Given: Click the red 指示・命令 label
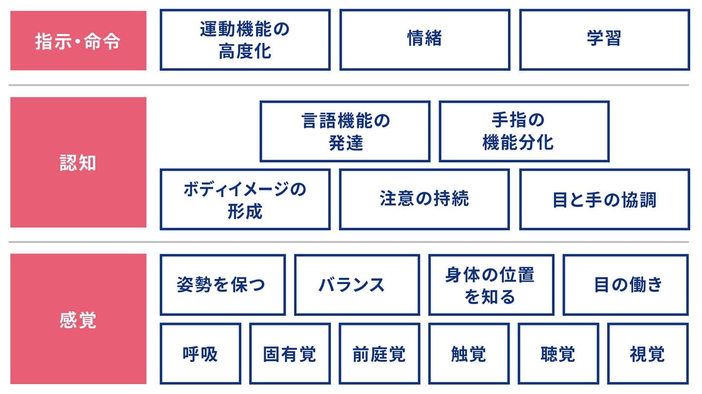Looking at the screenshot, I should (78, 41).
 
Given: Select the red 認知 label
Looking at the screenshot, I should (78, 163).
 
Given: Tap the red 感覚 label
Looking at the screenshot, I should (78, 319).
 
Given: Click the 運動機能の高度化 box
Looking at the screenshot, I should (245, 40).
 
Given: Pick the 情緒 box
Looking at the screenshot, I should (425, 40).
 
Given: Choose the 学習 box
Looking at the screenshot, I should (604, 40).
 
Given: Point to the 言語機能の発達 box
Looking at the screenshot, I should (345, 131).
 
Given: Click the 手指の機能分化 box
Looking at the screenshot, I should (524, 131).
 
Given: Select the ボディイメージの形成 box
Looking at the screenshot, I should (245, 199).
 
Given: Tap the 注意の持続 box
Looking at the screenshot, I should (425, 199).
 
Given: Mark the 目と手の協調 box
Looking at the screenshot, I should (604, 199).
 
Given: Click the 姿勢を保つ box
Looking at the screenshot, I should (222, 285).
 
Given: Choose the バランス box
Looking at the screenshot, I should (357, 285).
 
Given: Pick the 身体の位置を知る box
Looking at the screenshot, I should (491, 285).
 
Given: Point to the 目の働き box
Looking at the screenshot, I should (625, 285).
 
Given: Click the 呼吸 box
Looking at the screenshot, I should (200, 353).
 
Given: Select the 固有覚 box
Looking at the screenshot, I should (290, 353).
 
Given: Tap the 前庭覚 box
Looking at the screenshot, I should (379, 353).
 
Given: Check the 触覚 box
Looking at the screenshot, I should (469, 353).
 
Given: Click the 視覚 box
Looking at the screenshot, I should (647, 353).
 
